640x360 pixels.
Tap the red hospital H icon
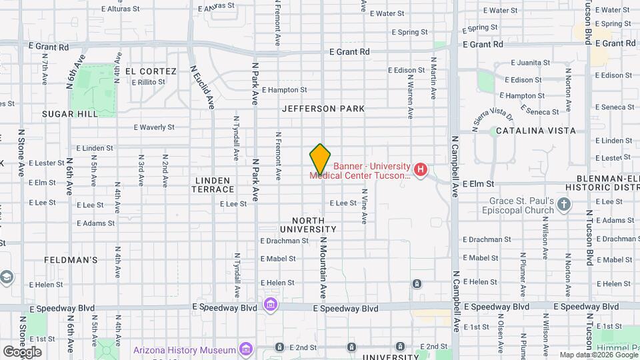click(421, 170)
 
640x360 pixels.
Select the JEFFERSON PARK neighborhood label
click(323, 108)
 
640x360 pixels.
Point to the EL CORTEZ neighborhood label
click(150, 71)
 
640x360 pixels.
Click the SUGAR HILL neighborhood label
click(70, 114)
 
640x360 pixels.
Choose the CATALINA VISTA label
click(535, 131)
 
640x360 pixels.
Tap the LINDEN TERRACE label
click(213, 185)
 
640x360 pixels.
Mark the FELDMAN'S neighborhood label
click(71, 260)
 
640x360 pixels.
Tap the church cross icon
click(565, 204)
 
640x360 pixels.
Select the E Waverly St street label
click(154, 127)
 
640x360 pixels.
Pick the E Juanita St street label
click(531, 63)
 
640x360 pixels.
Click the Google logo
click(22, 351)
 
